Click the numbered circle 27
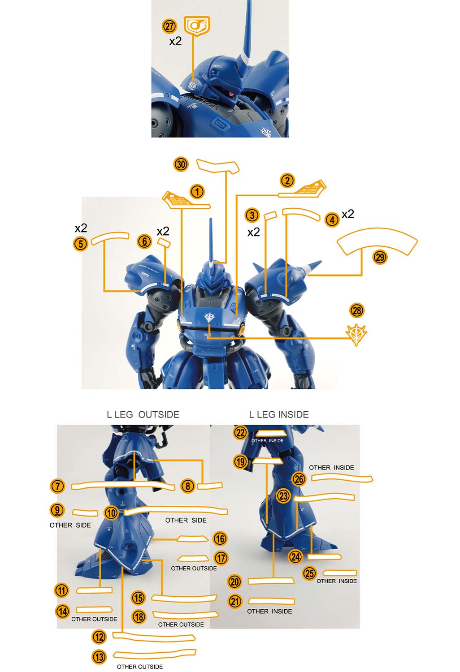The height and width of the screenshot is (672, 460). click(x=169, y=26)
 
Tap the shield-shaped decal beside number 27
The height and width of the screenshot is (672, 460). click(x=197, y=26)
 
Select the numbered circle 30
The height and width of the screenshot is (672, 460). click(x=181, y=164)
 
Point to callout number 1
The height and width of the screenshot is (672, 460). click(x=197, y=192)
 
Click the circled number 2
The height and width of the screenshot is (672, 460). click(x=287, y=181)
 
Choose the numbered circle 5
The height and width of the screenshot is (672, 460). click(x=80, y=244)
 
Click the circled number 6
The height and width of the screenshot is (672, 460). click(x=144, y=241)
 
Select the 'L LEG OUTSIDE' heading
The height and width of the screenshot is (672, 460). click(x=143, y=414)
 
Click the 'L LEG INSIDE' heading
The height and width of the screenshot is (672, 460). click(x=278, y=414)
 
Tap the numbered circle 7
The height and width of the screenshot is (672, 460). click(x=57, y=486)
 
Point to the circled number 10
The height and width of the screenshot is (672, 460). click(x=111, y=513)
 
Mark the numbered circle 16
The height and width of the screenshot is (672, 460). click(x=220, y=538)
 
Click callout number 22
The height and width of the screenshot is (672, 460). click(x=241, y=433)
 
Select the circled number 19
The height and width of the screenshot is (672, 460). click(x=241, y=461)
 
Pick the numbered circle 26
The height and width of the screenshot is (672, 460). click(x=299, y=479)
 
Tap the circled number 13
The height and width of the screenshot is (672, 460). click(x=99, y=657)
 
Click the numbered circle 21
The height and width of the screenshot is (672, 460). click(x=235, y=601)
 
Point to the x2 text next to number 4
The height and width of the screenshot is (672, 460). click(x=347, y=214)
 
